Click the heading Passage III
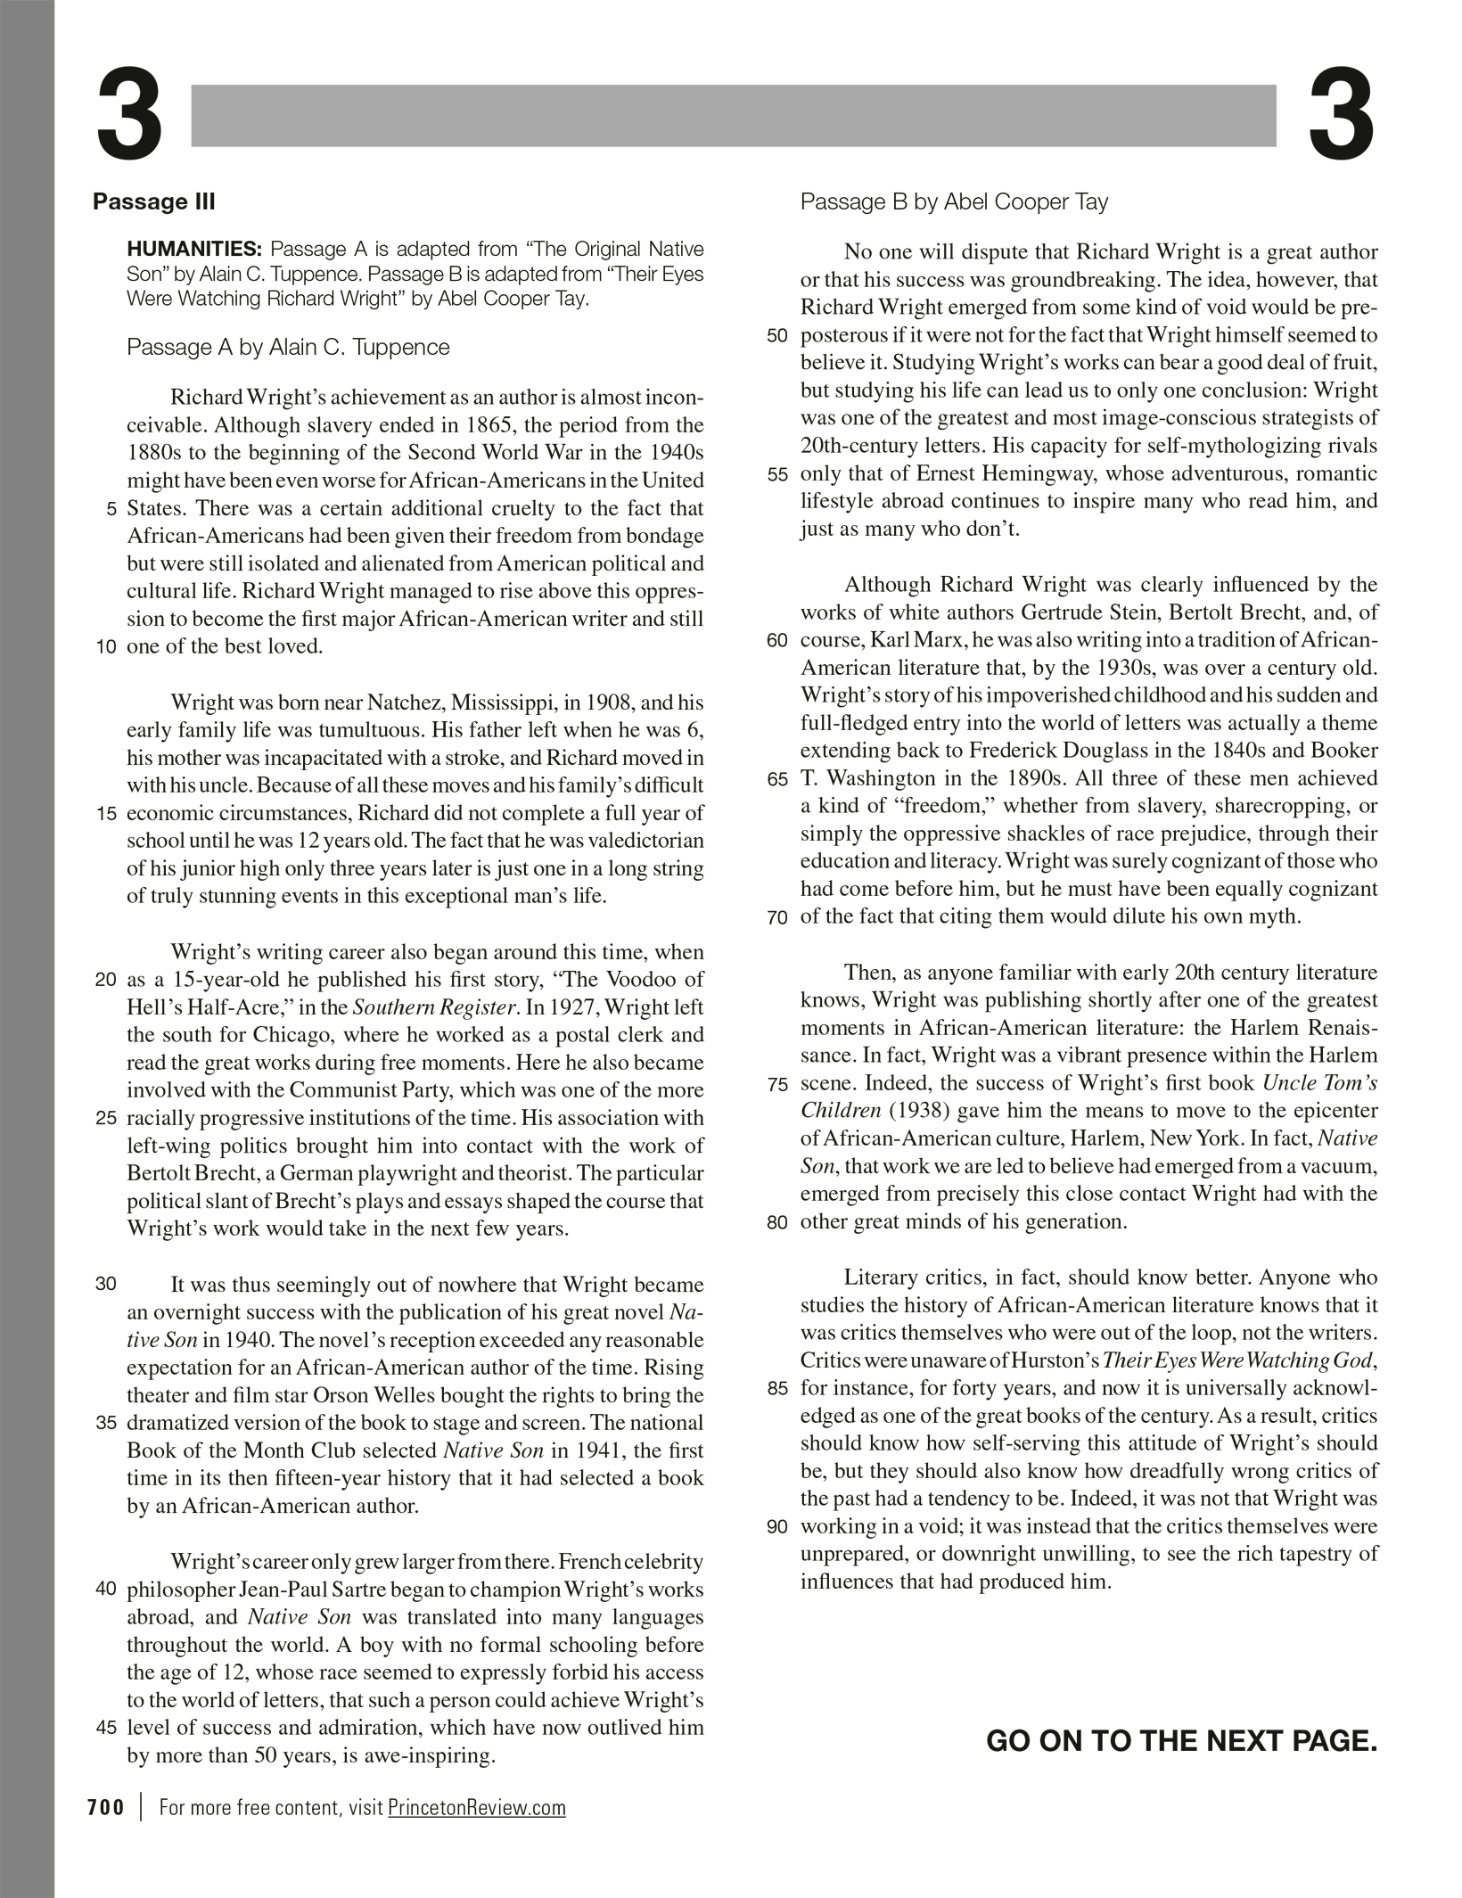click(153, 201)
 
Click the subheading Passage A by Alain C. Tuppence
click(288, 347)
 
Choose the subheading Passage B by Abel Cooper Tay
click(954, 202)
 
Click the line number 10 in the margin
click(105, 647)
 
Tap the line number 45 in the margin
click(105, 1727)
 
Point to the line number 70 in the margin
click(777, 918)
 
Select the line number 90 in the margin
click(777, 1527)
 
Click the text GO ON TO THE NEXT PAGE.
click(1181, 1740)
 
